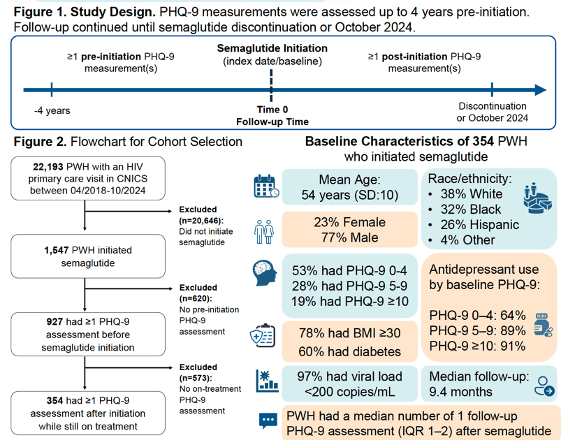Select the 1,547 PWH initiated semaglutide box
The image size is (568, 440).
(88, 256)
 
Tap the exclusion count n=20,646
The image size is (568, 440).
(201, 221)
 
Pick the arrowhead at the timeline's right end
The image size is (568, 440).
(541, 90)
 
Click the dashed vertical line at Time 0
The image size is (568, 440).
(271, 85)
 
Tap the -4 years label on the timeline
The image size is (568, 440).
(52, 110)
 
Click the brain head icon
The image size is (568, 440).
(265, 273)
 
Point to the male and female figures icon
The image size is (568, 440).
(263, 231)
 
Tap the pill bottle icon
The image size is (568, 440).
(543, 325)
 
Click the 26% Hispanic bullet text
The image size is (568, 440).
(479, 224)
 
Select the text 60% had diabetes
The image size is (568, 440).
(349, 351)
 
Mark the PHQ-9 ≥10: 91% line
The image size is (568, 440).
(477, 346)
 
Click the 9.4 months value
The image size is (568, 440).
(460, 392)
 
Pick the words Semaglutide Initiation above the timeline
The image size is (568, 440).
(272, 48)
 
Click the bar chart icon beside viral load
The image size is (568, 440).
(268, 381)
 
